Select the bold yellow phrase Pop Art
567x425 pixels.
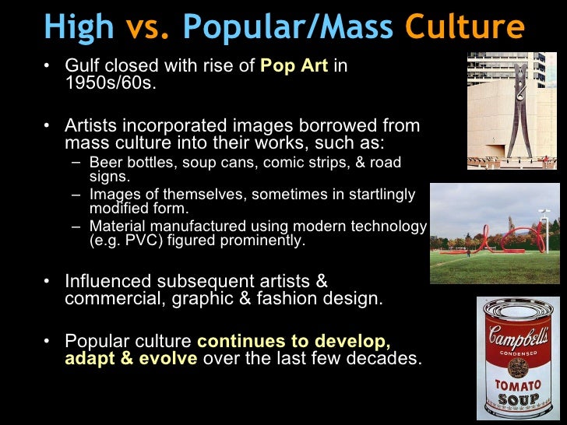point(294,66)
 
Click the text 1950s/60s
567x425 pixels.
point(110,83)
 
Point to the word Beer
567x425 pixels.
point(105,163)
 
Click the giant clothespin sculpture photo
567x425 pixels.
point(512,111)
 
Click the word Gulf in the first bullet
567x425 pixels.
point(83,66)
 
